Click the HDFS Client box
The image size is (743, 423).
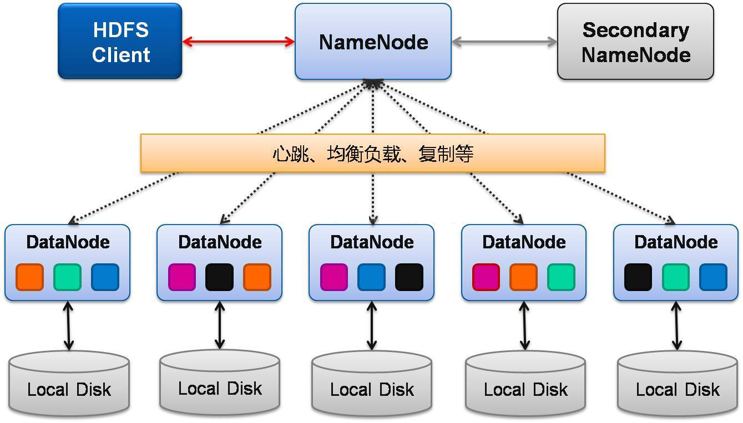pos(120,42)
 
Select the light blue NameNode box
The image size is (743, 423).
pos(373,42)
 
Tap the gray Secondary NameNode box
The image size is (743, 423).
pos(635,42)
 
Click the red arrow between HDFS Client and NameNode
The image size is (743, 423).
pos(239,42)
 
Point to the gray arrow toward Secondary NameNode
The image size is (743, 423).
pos(504,42)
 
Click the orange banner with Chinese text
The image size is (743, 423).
pos(372,153)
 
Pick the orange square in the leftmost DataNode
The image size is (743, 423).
pos(30,277)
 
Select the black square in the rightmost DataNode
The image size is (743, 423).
pos(638,277)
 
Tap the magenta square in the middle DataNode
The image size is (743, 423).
pos(334,277)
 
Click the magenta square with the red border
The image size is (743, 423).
pos(486,277)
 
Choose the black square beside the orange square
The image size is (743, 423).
pos(219,277)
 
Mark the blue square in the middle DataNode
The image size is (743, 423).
pos(371,277)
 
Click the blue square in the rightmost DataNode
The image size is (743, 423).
pos(713,277)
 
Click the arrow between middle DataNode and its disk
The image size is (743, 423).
pos(372,326)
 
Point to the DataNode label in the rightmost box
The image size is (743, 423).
pos(676,242)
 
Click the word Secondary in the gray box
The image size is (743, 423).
pos(635,30)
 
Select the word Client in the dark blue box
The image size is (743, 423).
pos(121,55)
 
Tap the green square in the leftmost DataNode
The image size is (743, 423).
pos(67,277)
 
